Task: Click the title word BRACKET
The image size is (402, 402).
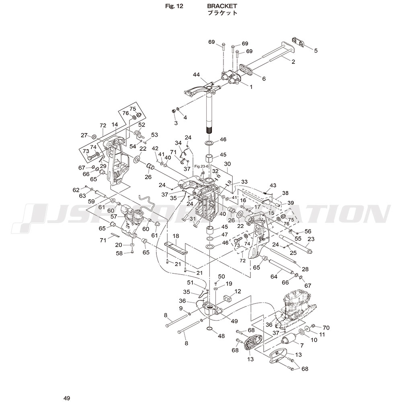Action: [x=222, y=6]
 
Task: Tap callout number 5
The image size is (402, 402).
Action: [x=316, y=51]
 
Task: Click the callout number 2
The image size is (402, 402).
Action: [x=293, y=62]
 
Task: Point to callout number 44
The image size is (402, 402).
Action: [x=196, y=75]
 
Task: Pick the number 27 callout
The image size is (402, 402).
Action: [x=84, y=135]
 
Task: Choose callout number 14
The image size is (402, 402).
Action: [x=115, y=125]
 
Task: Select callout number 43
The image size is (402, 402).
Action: [x=273, y=185]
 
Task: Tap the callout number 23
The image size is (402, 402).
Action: [x=311, y=238]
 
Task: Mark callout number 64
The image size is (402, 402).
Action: [x=274, y=276]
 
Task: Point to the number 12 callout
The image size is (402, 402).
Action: [x=238, y=291]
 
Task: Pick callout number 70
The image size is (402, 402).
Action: [x=326, y=328]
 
